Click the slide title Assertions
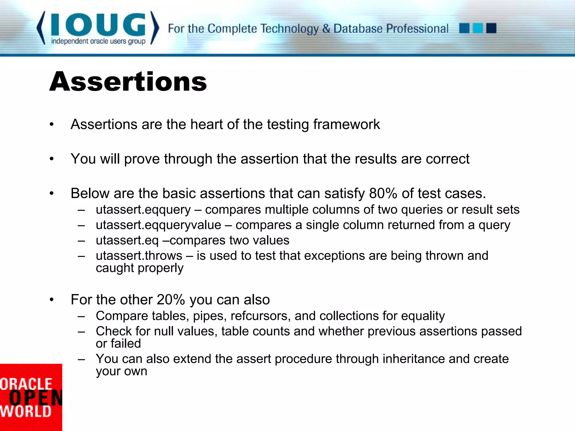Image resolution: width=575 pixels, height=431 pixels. [x=128, y=82]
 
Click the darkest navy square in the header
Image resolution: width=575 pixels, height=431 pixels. [x=491, y=28]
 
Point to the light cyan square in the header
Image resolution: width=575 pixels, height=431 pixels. [x=478, y=28]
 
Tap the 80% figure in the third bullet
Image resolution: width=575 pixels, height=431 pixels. [x=383, y=193]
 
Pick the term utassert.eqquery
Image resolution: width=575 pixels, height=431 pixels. [x=143, y=210]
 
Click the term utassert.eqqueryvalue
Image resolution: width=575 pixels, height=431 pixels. [x=158, y=225]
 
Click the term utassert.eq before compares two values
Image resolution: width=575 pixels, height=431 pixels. [x=127, y=240]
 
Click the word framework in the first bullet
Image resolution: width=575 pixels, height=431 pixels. [x=346, y=124]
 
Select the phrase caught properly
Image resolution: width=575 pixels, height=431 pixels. [x=140, y=268]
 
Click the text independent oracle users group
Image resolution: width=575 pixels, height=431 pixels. [x=98, y=42]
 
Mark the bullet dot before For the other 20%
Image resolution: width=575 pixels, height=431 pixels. [x=51, y=300]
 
